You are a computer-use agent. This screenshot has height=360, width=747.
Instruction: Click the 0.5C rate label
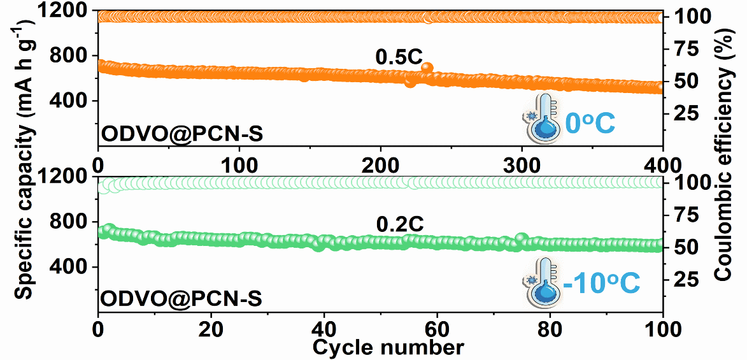point(399,57)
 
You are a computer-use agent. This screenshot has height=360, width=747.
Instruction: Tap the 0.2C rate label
point(400,224)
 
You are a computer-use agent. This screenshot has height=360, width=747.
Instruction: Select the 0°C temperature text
point(590,123)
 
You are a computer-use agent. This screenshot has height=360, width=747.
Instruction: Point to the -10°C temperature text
point(601,284)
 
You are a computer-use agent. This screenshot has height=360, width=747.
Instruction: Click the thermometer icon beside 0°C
point(543,117)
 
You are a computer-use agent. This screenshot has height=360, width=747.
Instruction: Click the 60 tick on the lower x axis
point(436,331)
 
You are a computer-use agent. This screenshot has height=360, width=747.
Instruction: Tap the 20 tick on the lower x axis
point(210,331)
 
